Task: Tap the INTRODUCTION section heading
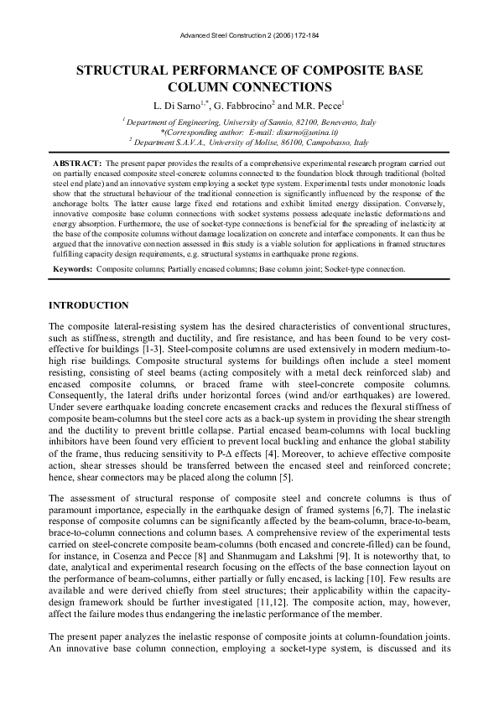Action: coord(89,305)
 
